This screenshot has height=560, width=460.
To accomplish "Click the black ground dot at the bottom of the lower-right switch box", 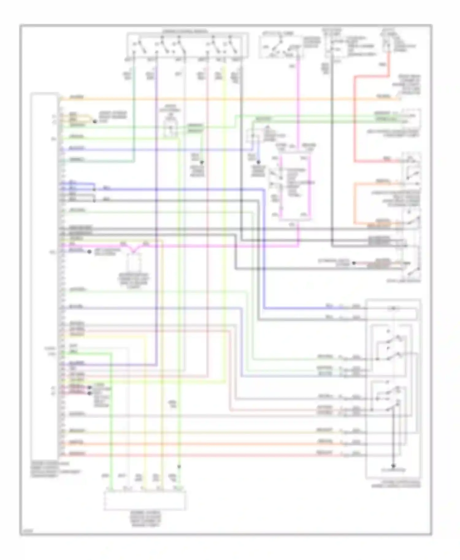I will [x=393, y=465].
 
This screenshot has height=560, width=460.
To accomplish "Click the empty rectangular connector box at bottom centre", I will [x=144, y=501].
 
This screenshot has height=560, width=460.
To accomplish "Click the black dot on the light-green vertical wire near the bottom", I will [x=179, y=467].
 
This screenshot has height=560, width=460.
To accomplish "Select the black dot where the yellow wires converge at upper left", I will [x=94, y=122].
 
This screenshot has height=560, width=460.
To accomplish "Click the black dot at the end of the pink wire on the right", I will [x=354, y=263].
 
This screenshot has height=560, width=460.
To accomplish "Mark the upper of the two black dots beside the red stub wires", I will [x=90, y=388].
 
